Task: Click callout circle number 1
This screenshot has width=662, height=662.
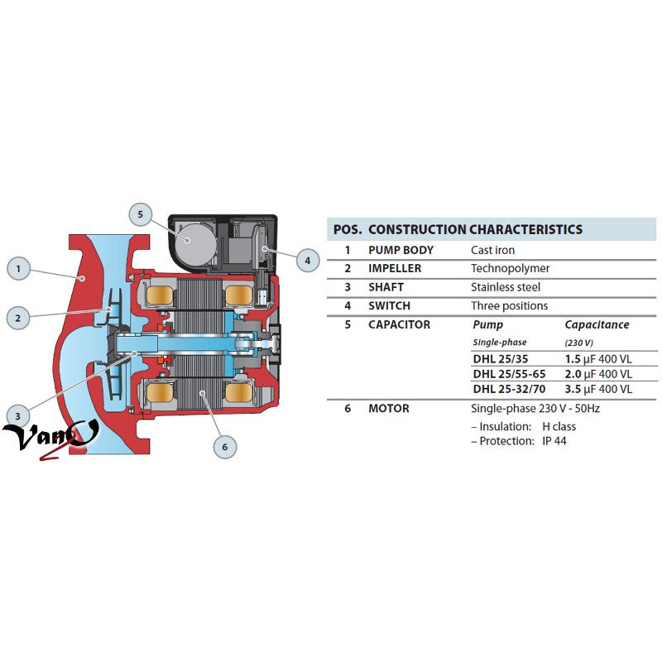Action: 18,268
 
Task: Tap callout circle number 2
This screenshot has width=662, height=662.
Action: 18,316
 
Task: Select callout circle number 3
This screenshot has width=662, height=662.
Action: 18,415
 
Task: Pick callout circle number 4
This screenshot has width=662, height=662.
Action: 307,261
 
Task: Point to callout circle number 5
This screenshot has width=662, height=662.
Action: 141,214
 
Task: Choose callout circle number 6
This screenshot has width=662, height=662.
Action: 223,448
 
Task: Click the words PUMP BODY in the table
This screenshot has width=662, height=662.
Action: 401,250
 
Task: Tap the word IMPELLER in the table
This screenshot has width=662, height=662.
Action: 395,268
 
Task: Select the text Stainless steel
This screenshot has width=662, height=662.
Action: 505,287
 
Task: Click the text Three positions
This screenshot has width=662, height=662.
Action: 509,305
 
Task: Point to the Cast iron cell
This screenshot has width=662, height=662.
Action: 492,250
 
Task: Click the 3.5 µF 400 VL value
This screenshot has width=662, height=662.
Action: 598,388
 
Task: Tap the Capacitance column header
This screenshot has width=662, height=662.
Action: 597,324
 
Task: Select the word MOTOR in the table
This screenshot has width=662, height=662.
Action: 388,408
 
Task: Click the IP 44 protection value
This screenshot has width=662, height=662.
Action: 554,441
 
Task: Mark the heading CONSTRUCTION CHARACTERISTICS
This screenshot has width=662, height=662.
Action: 475,229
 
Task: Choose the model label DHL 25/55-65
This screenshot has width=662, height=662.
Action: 507,373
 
